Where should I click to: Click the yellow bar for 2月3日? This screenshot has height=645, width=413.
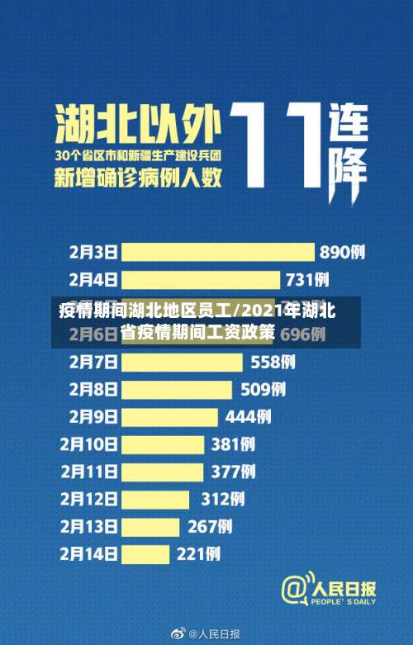[217, 252]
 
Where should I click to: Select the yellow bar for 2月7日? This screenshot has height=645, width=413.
[182, 362]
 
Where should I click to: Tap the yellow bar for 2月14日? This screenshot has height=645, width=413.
[145, 553]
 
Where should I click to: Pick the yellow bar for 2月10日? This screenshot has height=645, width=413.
[163, 444]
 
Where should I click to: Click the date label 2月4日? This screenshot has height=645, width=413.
[92, 279]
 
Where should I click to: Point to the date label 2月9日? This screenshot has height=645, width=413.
[92, 417]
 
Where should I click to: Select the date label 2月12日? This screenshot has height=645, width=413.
[88, 499]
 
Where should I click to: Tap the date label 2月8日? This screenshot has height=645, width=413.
[92, 389]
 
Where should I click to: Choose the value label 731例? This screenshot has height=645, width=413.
[307, 279]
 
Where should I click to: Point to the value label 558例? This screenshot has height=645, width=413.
[273, 362]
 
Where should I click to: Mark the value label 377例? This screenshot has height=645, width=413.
[233, 472]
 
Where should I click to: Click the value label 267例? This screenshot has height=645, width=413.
[210, 526]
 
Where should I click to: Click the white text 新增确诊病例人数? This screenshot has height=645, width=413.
[137, 177]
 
